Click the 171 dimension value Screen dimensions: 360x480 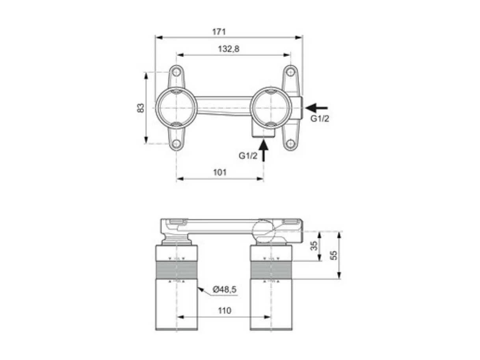(219, 32)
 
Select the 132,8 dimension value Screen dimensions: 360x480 (229, 49)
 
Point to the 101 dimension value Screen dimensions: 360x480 (220, 172)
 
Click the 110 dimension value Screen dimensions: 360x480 (224, 311)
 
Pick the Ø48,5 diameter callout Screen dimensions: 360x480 (224, 290)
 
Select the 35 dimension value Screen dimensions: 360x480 (314, 246)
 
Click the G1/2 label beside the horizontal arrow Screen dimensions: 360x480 (320, 119)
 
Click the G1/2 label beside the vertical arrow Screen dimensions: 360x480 (248, 156)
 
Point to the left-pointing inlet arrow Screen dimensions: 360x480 (316, 107)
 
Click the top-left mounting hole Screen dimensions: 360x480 (176, 72)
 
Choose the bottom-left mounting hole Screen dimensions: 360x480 (176, 144)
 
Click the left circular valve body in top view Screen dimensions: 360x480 (176, 108)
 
